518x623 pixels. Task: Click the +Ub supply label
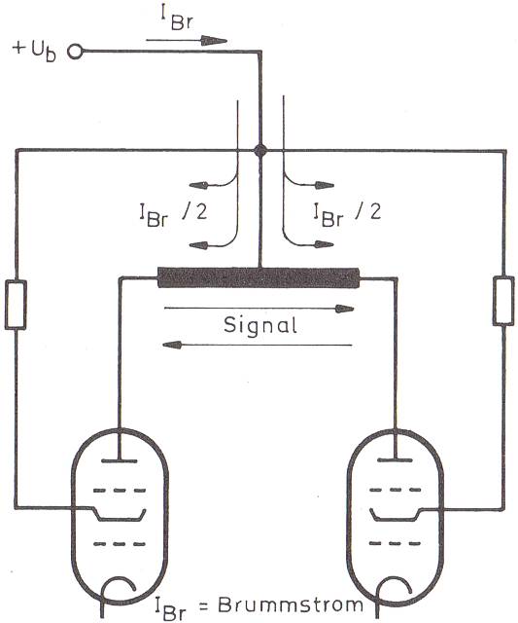pos(34,51)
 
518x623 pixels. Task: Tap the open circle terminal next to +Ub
pos(75,52)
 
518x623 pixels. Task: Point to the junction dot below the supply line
pos(260,151)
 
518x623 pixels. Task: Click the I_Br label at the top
pos(177,18)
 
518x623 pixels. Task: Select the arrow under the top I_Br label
pos(187,40)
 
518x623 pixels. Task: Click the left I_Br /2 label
pos(173,214)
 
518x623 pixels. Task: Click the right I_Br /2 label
pos(347,214)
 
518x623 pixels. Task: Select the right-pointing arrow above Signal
pos(259,309)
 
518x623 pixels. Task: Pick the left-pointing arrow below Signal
pos(257,345)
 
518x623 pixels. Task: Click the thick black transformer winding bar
pos(259,277)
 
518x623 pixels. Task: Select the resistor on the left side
pos(16,305)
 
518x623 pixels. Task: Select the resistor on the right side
pos(503,301)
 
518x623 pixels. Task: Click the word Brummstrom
pos(291,605)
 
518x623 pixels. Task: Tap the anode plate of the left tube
pos(120,460)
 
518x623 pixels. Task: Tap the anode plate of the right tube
pos(395,460)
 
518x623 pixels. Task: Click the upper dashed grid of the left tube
pos(120,491)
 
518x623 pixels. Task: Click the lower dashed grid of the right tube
pos(395,543)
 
